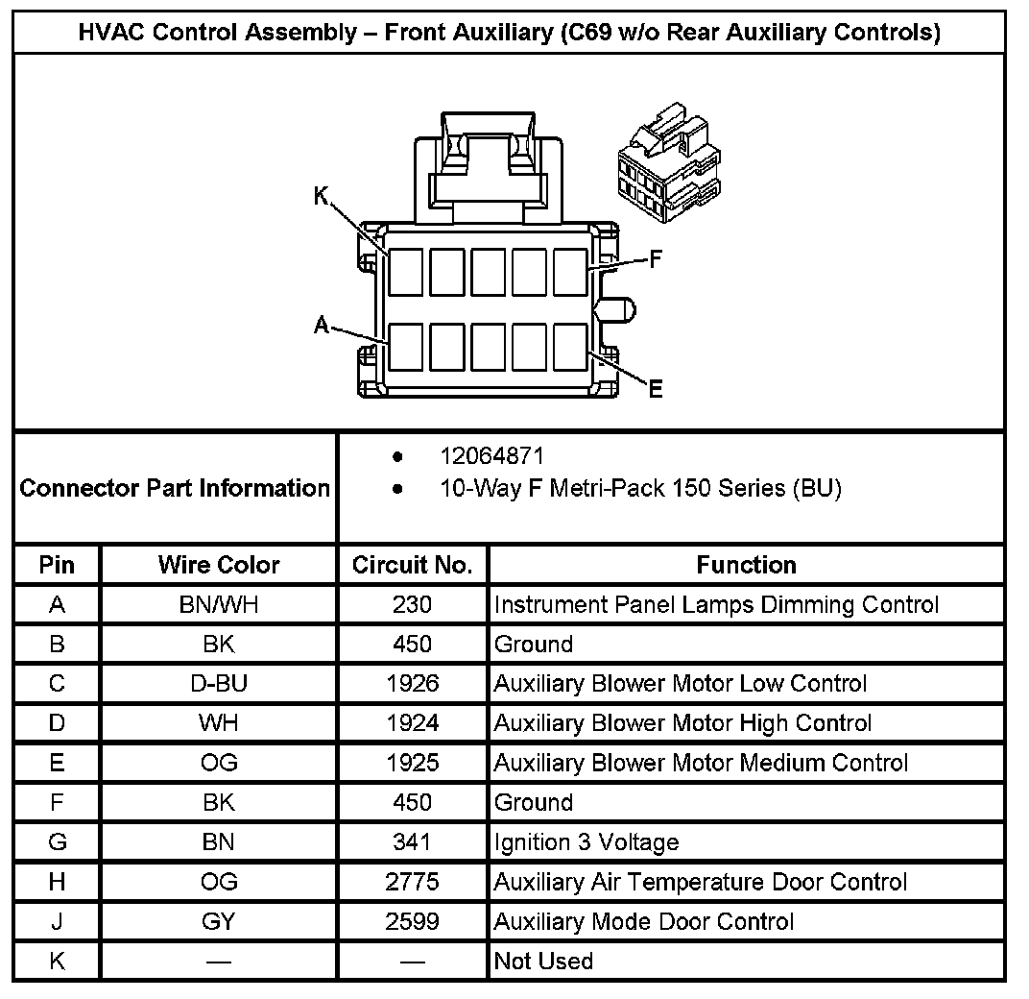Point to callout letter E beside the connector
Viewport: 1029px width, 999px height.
[655, 388]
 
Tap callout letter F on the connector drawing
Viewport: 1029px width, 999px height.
[657, 259]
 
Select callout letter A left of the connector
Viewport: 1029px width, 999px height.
[322, 326]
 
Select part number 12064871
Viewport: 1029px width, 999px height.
[492, 456]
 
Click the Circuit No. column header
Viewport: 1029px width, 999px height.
[413, 565]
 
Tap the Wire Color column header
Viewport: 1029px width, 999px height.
[219, 565]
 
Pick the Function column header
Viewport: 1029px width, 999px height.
[746, 565]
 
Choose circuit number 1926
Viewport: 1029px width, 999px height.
[413, 683]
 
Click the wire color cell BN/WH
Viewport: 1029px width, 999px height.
[219, 604]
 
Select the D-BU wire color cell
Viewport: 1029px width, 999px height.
[219, 683]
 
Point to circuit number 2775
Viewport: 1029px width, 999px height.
[413, 881]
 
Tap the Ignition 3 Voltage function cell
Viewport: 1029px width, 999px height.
[586, 842]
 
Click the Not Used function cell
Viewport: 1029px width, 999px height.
[543, 961]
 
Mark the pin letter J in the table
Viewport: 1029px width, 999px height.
[57, 921]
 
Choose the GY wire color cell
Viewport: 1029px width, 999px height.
[219, 921]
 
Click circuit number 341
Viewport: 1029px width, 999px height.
[413, 842]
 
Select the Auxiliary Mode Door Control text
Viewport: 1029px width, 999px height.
[644, 921]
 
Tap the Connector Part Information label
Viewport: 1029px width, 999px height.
[175, 488]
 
